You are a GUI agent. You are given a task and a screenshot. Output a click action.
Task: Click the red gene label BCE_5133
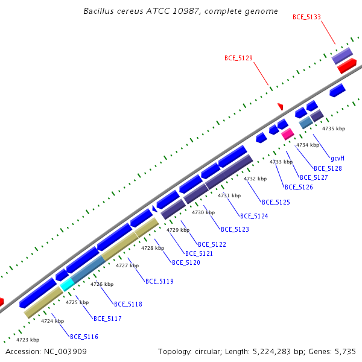pos(306,17)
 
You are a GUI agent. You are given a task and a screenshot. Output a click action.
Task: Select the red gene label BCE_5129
pos(238,58)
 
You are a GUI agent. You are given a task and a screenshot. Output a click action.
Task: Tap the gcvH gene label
pos(337,158)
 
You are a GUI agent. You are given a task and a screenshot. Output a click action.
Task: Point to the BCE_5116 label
pos(84,337)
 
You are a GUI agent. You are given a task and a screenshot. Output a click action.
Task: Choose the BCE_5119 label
pos(159,281)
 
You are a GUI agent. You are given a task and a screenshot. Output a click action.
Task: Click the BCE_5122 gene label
pos(212,244)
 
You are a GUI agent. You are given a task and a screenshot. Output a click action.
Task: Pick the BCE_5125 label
pos(276,202)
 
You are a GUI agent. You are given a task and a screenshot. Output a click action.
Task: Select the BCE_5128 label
pos(328,168)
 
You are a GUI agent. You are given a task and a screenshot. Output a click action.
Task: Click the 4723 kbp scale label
pos(28,340)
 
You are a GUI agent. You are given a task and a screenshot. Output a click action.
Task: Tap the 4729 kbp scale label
pos(178,230)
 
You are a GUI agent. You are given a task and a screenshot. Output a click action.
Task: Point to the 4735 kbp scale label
pos(334,129)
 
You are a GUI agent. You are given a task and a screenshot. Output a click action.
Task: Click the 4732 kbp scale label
pos(255,179)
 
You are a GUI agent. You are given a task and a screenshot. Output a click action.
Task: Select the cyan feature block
pos(67,284)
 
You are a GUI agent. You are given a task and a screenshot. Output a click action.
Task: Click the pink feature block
pos(288,134)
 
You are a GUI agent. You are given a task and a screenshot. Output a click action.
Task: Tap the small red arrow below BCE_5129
pos(281,106)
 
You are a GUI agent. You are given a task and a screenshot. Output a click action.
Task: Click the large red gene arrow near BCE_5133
pos(347,66)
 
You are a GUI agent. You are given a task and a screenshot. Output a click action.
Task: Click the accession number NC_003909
pos(65,352)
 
